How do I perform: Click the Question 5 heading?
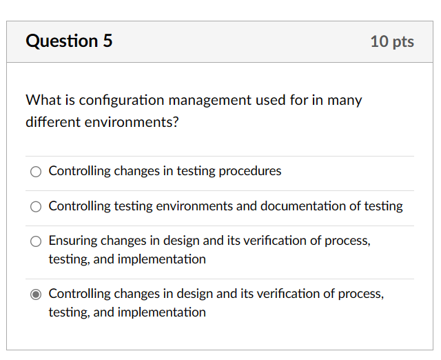click(69, 41)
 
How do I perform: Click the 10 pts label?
click(392, 41)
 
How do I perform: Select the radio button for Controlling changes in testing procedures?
click(36, 172)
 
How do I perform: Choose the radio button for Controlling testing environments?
click(36, 207)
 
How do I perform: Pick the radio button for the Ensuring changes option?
click(36, 241)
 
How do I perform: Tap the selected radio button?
click(36, 294)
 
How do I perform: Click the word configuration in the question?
click(121, 101)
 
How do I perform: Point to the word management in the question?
click(209, 101)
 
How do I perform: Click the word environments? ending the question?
click(134, 123)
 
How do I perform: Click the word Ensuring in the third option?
click(73, 241)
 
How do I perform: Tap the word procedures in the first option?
click(250, 171)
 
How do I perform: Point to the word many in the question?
click(345, 101)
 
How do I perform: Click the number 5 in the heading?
click(107, 41)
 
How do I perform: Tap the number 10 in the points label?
click(379, 41)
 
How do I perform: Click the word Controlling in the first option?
click(79, 171)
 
